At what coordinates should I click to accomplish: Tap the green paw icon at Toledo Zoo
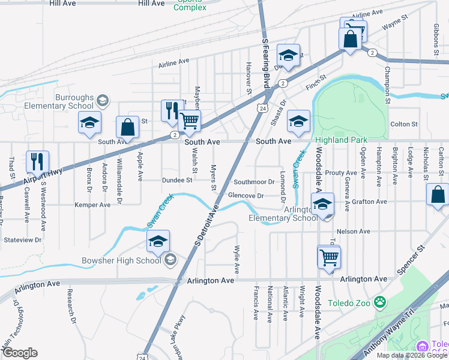click(x=379, y=301)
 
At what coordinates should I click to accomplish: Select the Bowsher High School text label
click(x=121, y=260)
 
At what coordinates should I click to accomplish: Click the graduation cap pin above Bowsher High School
click(x=158, y=242)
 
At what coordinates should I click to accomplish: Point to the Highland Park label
click(x=341, y=140)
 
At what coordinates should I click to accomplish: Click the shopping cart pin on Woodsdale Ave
click(x=328, y=257)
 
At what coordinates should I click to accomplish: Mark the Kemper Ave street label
click(x=92, y=205)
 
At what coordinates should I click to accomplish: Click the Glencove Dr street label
click(x=246, y=196)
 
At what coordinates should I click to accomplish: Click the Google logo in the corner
click(x=19, y=353)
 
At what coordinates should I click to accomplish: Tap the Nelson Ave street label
click(x=354, y=231)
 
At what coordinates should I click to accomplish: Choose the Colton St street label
click(x=403, y=124)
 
